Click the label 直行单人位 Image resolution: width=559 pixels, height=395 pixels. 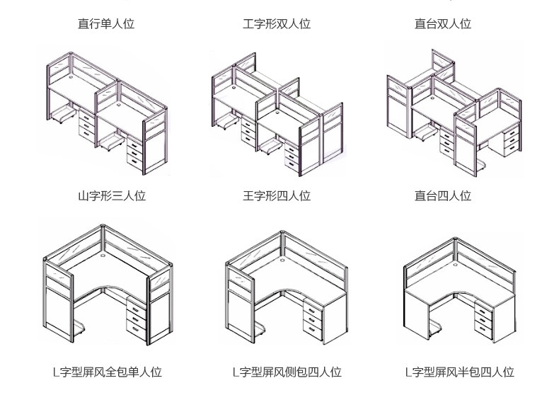tap(106, 24)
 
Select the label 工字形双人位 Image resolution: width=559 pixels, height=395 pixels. tap(277, 24)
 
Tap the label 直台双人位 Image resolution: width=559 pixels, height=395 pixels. tap(443, 24)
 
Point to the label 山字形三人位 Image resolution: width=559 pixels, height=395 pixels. tap(112, 196)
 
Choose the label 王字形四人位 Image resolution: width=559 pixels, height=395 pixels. tap(277, 196)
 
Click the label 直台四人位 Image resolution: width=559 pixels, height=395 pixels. tap(443, 196)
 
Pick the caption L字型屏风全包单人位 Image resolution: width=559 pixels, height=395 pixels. tap(108, 372)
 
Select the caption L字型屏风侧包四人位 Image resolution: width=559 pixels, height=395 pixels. tap(287, 372)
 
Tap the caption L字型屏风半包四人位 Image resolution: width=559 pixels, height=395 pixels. tap(459, 372)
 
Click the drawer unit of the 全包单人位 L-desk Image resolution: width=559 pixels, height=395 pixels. tap(135, 315)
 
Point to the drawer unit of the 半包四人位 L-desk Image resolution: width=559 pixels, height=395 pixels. tap(481, 319)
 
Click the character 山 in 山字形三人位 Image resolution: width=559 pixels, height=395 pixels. tap(83, 196)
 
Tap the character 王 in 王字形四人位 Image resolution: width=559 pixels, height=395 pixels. tap(248, 196)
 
